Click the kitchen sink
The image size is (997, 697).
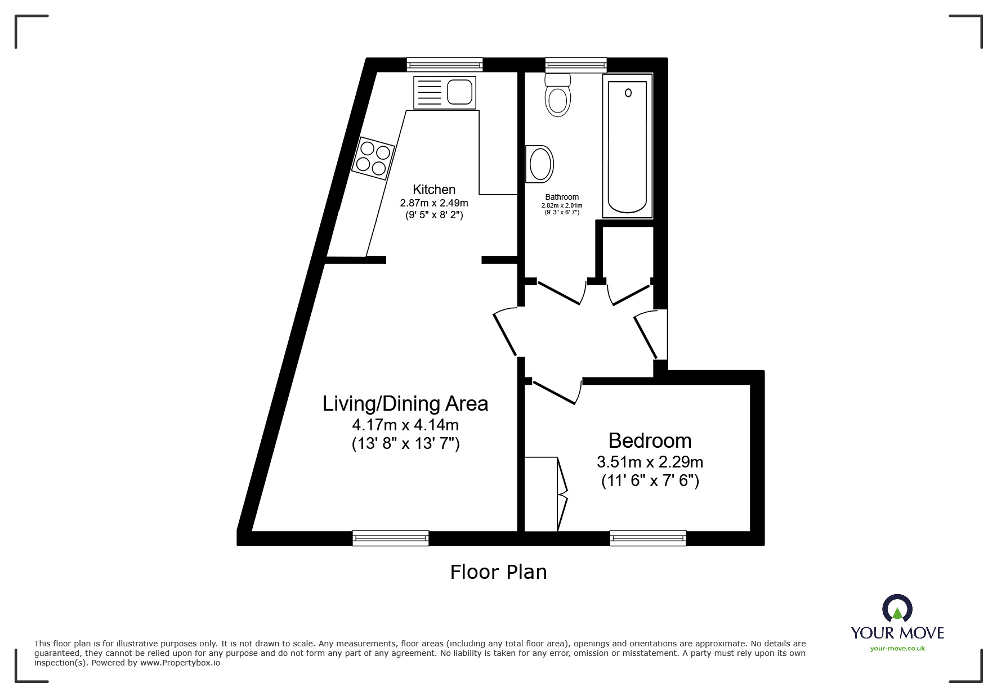(445, 92)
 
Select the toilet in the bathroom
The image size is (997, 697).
(558, 95)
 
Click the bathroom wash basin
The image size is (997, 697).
(539, 164)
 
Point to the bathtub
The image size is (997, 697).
(628, 146)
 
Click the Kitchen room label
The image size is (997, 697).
(434, 190)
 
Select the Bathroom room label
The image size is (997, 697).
(562, 197)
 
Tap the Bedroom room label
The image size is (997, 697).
(650, 440)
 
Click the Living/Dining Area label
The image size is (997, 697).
(405, 403)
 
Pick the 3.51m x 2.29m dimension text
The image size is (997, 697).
(650, 462)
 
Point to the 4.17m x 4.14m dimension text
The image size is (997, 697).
(405, 424)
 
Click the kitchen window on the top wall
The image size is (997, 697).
(445, 65)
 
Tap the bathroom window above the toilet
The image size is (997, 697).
(576, 65)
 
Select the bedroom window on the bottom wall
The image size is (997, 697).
(648, 538)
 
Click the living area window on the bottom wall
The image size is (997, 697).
(391, 538)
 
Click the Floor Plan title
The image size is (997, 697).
(498, 572)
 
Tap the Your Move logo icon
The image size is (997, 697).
(897, 609)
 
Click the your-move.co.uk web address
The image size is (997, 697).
(897, 649)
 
